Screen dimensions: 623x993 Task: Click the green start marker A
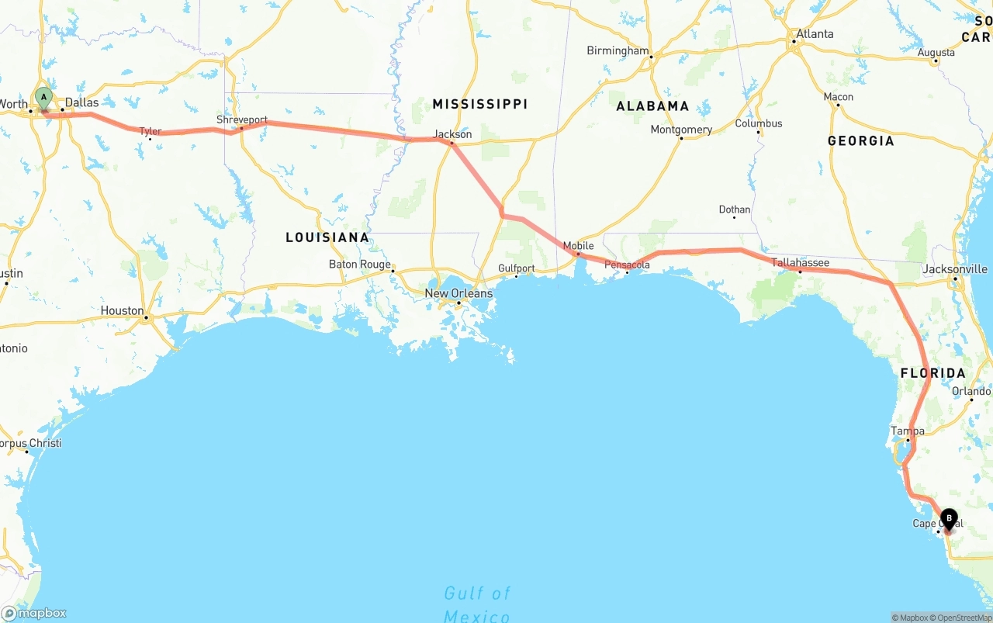tap(43, 99)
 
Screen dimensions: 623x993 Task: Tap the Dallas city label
tap(81, 102)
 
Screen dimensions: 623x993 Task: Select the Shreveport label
tap(242, 120)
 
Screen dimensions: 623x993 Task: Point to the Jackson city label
tap(452, 134)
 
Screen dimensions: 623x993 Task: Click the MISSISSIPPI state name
tap(479, 104)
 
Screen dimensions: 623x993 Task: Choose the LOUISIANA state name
tap(327, 237)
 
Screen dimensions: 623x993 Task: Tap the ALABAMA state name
tap(652, 106)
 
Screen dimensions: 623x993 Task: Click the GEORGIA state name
tap(860, 140)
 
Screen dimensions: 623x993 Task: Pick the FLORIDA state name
tap(932, 373)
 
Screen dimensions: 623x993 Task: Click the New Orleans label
tap(458, 293)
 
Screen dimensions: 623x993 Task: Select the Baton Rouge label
tap(360, 264)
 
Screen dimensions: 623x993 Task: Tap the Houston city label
tap(122, 310)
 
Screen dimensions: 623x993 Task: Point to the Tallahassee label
tap(800, 263)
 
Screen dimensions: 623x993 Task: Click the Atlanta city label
tap(815, 34)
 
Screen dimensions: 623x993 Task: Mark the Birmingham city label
tap(618, 50)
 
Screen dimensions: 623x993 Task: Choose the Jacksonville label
tap(955, 269)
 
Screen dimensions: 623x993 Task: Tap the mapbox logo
tap(34, 613)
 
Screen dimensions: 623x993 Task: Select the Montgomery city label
tap(681, 130)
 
